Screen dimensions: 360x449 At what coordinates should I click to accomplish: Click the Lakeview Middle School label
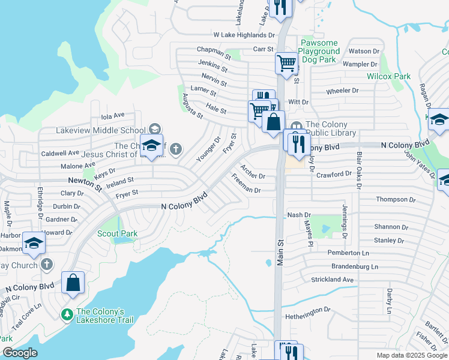100,130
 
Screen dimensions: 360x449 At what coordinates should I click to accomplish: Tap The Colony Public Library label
330,129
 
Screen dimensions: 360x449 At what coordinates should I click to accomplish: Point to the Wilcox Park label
389,76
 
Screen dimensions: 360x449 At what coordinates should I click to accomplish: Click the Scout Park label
117,233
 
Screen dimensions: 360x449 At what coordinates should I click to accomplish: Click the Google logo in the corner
19,353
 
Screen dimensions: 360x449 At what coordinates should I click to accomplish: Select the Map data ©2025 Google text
412,355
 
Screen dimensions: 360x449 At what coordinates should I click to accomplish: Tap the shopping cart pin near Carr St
287,62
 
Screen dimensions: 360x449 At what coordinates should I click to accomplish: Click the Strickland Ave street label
333,280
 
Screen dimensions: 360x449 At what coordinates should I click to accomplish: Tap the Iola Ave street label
112,115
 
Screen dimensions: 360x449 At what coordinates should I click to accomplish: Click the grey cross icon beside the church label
175,148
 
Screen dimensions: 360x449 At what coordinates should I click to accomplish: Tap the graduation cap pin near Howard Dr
34,243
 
